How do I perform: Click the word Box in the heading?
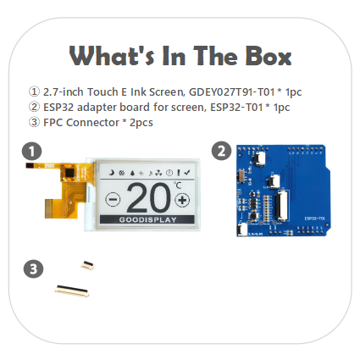268,56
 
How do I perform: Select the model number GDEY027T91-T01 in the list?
231,92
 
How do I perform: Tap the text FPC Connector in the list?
81,123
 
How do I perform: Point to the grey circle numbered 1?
31,152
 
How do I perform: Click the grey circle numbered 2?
221,151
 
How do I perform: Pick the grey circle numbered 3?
34,269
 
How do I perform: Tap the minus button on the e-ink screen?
113,199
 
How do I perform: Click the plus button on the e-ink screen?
182,200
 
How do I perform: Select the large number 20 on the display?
149,197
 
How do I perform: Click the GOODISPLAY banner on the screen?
147,219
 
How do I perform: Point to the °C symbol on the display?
178,186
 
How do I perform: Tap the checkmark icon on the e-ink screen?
186,173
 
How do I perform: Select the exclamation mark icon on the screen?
179,173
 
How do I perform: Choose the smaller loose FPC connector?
87,265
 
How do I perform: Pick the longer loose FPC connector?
72,291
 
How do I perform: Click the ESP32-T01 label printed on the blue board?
315,219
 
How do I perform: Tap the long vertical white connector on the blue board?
283,206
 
